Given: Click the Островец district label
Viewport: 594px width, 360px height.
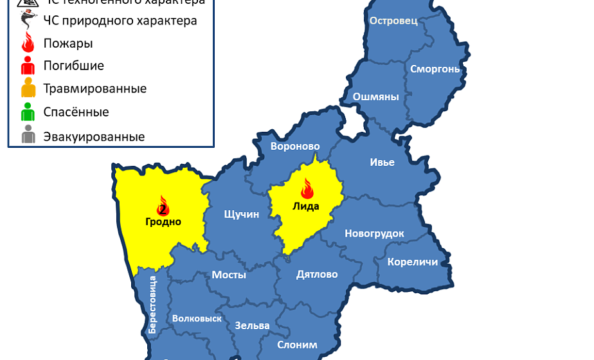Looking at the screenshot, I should tap(393, 21).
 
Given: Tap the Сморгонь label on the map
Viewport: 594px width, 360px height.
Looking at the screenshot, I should tap(435, 69).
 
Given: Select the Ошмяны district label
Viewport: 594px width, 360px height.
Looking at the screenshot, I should tap(376, 97).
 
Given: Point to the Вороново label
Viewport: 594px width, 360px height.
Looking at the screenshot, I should tap(295, 147).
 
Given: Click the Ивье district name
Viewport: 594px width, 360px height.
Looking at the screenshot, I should tap(382, 162).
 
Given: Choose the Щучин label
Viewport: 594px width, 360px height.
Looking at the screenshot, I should tap(241, 214).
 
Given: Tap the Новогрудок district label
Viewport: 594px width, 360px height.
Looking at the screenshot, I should tap(374, 233).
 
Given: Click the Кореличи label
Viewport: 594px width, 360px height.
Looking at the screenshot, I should tap(412, 262).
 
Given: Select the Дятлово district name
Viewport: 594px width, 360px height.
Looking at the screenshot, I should tap(317, 274).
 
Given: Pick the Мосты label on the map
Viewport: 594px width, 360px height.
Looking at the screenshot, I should tap(229, 274).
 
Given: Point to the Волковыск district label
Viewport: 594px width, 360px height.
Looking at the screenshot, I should tap(197, 318).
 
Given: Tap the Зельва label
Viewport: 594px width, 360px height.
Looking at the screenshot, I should tap(252, 325).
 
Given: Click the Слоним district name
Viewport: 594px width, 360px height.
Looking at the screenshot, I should tap(297, 345).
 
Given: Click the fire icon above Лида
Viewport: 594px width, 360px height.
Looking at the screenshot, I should tap(306, 189).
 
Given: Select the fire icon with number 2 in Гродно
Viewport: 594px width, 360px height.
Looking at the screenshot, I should tap(163, 206).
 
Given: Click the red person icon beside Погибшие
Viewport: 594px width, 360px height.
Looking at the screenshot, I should tap(28, 65).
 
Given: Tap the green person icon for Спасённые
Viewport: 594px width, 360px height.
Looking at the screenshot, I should tap(28, 112).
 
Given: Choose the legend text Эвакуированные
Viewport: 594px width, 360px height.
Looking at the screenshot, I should tap(94, 137).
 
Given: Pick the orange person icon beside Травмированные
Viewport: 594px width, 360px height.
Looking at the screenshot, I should tap(28, 88).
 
